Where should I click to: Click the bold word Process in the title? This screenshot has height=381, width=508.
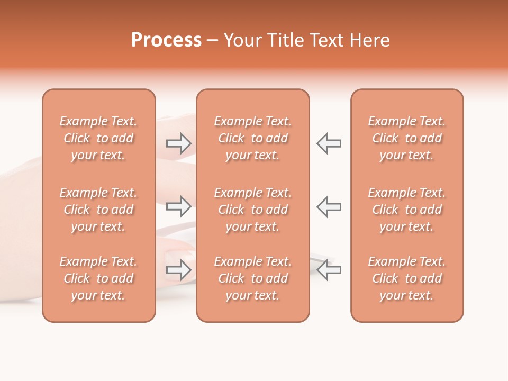tap(166, 40)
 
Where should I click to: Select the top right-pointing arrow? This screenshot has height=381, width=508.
tap(179, 143)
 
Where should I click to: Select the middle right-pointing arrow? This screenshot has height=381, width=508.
tap(179, 206)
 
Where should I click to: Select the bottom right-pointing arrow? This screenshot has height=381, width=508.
tap(179, 270)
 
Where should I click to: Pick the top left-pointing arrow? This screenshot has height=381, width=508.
tap(329, 143)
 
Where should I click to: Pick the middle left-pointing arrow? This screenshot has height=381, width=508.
tap(329, 206)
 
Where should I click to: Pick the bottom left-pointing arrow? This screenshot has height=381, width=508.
tap(329, 270)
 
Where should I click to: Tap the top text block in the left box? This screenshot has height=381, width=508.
tap(98, 138)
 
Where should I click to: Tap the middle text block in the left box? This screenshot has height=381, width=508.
tap(98, 210)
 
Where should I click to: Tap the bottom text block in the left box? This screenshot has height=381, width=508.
tap(98, 278)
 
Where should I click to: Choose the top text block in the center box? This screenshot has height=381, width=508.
tap(252, 138)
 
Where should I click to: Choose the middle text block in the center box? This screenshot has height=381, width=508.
tap(252, 210)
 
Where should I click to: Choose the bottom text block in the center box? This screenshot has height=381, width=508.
tap(252, 278)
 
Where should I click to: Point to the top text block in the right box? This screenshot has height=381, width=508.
tap(406, 138)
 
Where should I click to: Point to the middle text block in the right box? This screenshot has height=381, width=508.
tap(406, 210)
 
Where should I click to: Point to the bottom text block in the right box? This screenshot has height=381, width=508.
tap(406, 278)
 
